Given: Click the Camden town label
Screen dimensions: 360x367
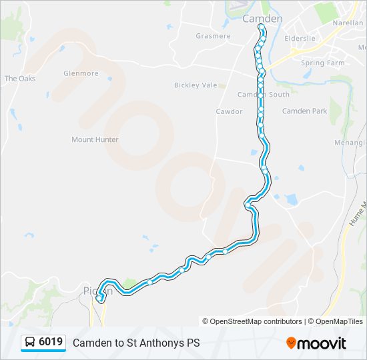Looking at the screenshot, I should point(262,19).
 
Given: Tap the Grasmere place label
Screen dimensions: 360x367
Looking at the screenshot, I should point(213,36).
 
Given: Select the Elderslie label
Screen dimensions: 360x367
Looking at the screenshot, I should point(300,39).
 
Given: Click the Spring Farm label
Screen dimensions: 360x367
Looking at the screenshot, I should point(322,63).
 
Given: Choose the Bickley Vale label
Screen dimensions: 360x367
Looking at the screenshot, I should point(196,85).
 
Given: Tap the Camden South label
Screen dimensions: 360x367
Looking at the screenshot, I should point(264,95).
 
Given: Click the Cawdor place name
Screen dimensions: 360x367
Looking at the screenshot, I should point(229,111).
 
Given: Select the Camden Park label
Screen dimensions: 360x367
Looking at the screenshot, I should point(304,111).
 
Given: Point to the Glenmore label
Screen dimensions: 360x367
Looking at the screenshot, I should point(81,73).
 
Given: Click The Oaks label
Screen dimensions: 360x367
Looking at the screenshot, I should point(20,79).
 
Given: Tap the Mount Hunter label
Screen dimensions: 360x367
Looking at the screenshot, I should point(95,139).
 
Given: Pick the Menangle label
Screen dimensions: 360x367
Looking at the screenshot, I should point(354,142).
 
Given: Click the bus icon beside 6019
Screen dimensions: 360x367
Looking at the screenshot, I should point(30,343).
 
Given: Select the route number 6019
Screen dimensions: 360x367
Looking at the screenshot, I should point(51,343).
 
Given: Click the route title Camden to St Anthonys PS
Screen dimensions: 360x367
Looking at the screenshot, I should point(136,343).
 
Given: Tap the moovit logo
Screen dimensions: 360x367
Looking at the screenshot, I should point(316,343).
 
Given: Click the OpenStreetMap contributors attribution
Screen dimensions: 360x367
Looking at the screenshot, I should point(252,321).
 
